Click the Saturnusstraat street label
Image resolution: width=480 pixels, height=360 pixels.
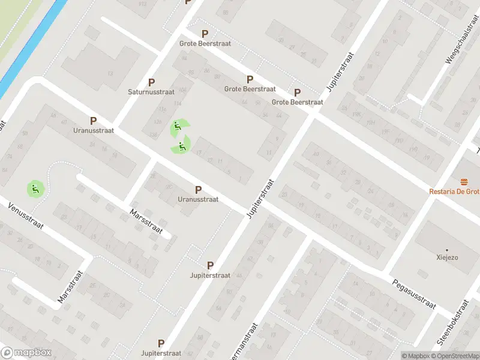point(151,92)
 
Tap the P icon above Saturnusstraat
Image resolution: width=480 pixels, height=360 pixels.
point(151,83)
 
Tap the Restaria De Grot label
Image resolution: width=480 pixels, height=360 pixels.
point(454,191)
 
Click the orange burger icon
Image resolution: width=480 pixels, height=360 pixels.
point(463,181)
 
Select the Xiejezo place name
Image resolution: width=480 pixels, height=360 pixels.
point(447,258)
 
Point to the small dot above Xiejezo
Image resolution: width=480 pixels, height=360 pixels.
point(447,250)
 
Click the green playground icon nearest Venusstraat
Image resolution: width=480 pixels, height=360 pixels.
point(34,190)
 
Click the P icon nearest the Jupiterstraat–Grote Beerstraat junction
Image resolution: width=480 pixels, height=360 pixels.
point(297,92)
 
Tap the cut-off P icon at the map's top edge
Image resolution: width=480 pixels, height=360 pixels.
point(188,2)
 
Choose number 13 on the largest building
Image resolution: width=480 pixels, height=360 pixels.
point(110,74)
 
